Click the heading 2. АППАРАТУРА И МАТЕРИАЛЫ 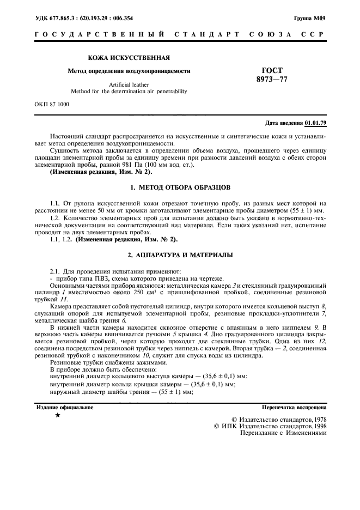click(180, 254)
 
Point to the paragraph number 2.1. click(56, 271)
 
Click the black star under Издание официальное click(58, 415)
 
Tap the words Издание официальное click(65, 406)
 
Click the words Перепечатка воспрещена click(294, 406)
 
